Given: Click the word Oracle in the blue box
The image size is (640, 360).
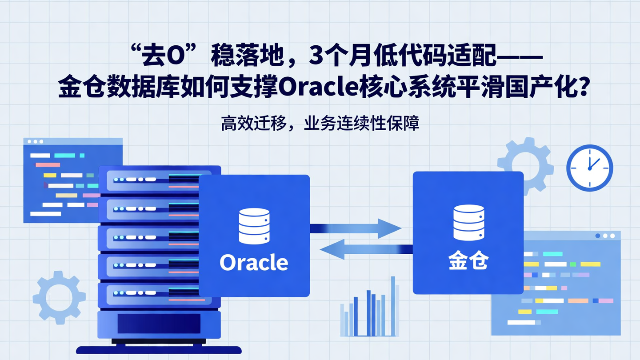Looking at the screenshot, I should click(x=254, y=262).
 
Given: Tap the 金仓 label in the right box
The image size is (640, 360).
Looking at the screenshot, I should click(x=468, y=261).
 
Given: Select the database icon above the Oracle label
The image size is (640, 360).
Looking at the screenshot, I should click(x=254, y=226).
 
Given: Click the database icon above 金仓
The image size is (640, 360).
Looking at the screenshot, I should click(x=468, y=223).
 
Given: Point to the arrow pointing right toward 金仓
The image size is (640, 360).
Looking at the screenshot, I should click(x=356, y=228).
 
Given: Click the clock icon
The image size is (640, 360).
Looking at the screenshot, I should click(x=589, y=168).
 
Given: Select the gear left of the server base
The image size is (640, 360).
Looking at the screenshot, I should click(x=59, y=297).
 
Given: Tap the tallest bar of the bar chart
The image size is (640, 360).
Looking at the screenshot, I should click(x=393, y=306).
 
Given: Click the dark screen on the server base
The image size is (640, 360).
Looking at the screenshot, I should click(x=159, y=324).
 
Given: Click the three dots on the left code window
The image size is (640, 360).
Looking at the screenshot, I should click(x=36, y=141).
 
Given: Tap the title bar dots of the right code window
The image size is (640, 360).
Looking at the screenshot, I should click(x=605, y=236).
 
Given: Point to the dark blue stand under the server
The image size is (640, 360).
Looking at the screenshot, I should click(x=159, y=350).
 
